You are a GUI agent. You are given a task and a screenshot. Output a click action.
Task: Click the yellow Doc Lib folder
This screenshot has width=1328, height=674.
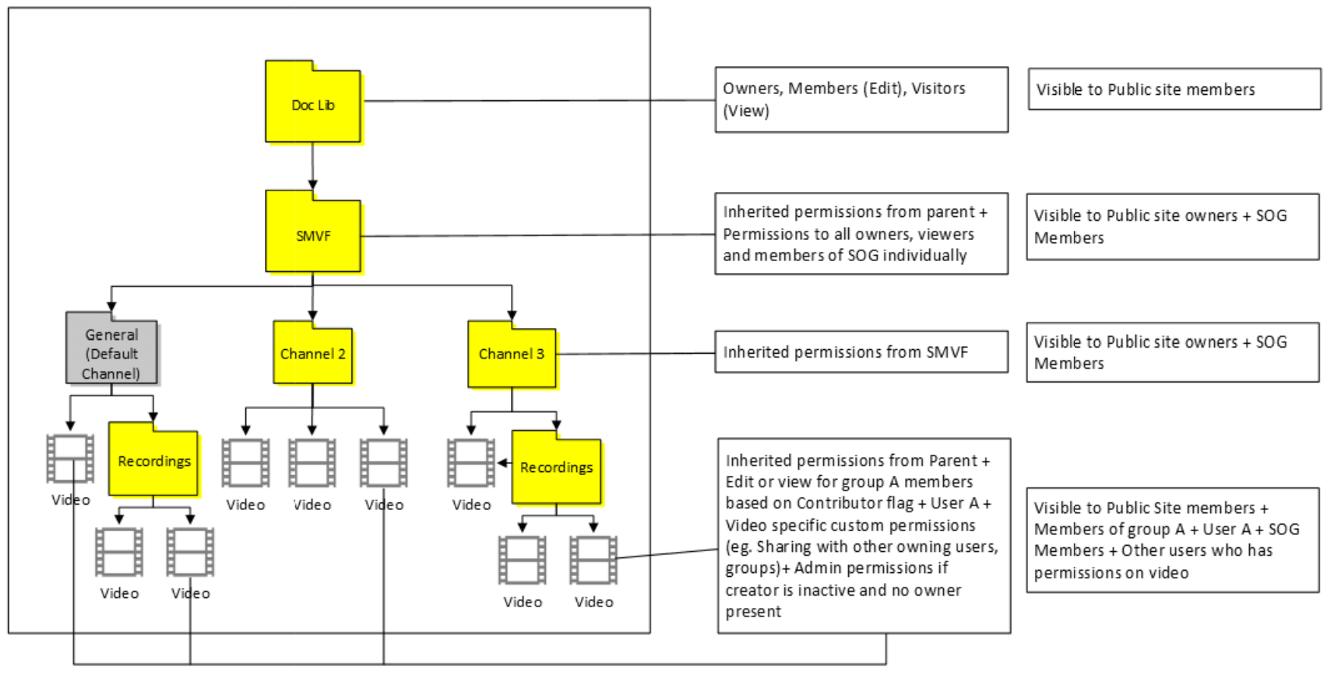[313, 105]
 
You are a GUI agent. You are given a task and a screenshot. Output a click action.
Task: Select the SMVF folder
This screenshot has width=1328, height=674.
[313, 235]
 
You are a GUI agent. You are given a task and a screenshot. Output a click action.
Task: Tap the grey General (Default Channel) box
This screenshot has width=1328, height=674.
[112, 353]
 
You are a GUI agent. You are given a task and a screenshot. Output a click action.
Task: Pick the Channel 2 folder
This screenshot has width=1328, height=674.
[313, 354]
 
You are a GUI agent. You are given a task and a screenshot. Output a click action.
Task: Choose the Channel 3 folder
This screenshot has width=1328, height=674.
[511, 354]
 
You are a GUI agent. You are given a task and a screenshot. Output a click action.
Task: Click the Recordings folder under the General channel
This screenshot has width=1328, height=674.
[153, 461]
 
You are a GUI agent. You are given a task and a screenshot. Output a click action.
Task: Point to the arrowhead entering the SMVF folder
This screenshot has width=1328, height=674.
[313, 184]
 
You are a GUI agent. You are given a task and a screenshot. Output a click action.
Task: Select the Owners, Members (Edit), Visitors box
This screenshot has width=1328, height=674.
[861, 99]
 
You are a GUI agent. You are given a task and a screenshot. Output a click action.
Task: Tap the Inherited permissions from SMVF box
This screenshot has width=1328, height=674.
[861, 352]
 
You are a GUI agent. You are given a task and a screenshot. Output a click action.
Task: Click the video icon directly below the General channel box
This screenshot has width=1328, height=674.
[70, 458]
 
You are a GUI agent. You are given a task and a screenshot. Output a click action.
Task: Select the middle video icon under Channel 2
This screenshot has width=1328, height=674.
[312, 462]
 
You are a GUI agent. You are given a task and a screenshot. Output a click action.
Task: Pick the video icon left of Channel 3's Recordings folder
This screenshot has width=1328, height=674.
[471, 462]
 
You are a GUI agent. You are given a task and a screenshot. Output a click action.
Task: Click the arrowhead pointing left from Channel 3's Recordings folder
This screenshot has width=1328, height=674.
[503, 462]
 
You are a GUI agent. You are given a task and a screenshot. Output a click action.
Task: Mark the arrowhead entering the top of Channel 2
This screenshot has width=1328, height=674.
[313, 316]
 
